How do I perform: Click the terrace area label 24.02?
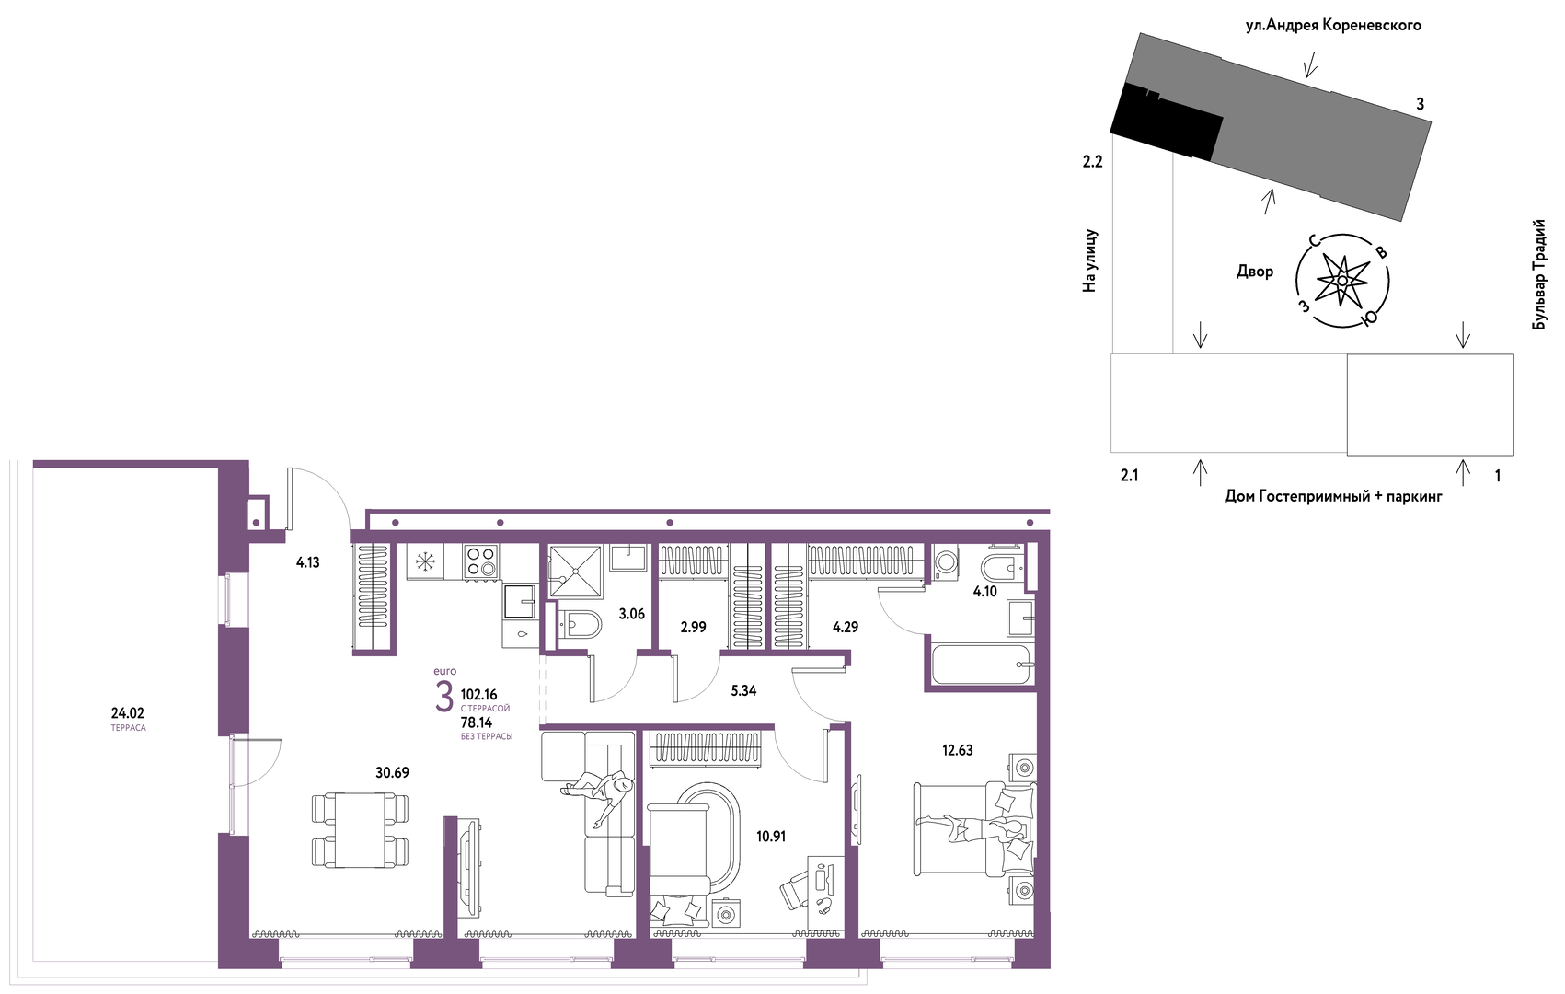tap(127, 713)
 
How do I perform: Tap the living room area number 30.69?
tap(392, 772)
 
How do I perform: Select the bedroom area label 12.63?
tap(957, 750)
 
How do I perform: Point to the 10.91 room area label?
tap(771, 836)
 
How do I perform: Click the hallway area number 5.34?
tap(743, 690)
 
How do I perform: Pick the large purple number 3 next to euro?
tap(443, 697)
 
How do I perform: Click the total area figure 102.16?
tap(478, 695)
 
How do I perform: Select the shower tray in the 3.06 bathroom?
tap(575, 572)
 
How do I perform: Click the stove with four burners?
tap(480, 561)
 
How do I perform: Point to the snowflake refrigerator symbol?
tap(425, 561)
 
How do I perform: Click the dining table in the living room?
tap(360, 830)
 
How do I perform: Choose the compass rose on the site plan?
tap(1341, 281)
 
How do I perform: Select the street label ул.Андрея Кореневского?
tap(1333, 26)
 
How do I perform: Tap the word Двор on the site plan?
tap(1255, 272)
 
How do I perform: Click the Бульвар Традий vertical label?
tap(1539, 274)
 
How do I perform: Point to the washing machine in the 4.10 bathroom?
tap(947, 562)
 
